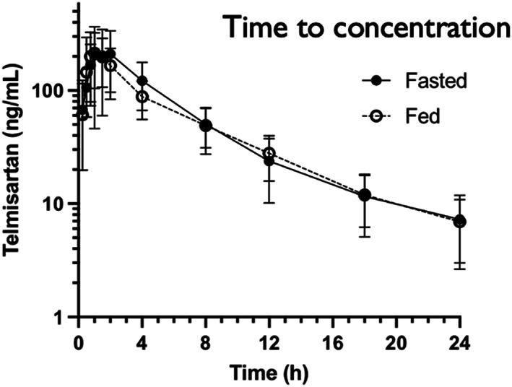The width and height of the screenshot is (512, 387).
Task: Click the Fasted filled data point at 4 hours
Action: [x=142, y=81]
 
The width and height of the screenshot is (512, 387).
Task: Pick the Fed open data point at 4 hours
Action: [x=142, y=97]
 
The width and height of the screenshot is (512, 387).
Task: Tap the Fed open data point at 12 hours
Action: [x=269, y=153]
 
